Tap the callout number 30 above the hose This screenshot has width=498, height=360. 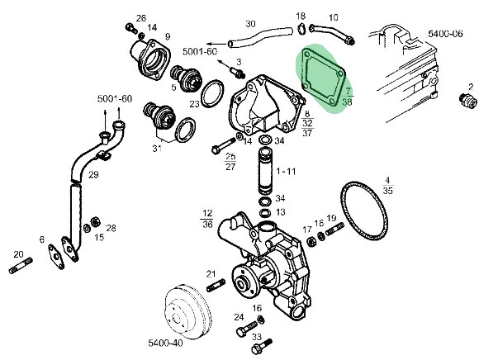pos(250,24)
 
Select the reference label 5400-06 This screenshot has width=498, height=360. pos(445,34)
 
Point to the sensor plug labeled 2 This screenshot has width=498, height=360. pos(468,100)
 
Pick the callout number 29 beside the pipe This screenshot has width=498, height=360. pos(93,174)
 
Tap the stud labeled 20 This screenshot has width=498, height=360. pos(21,266)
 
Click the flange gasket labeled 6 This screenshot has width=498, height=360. pos(56,257)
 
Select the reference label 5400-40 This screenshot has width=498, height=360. pos(165,343)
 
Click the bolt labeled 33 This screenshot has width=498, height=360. pos(262,346)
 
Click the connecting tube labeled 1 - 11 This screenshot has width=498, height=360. pos(265,170)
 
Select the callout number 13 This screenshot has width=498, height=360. pos(281,212)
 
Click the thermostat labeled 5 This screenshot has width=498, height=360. pos(186,79)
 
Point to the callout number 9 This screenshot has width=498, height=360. pos(168,36)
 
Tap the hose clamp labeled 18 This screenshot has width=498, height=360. pos(301,29)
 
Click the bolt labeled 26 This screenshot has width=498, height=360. pos(131,28)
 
